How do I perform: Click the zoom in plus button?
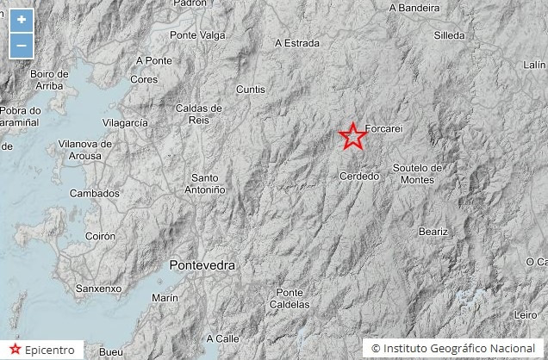tap(22, 20)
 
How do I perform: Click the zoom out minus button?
tap(22, 44)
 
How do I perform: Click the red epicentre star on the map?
tap(352, 136)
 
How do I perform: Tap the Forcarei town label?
tap(384, 129)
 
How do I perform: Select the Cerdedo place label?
tap(359, 176)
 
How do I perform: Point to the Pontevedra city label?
tap(203, 265)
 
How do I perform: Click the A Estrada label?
tap(296, 42)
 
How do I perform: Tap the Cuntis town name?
tap(250, 89)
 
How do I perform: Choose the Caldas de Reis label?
tap(198, 114)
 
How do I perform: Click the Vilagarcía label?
tap(125, 123)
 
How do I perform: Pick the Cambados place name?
tap(95, 193)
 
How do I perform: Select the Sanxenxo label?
tap(98, 288)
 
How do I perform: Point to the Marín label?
tap(165, 297)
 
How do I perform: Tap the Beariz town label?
tap(433, 231)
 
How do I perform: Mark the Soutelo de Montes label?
tap(417, 173)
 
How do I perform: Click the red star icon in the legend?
tap(15, 350)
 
